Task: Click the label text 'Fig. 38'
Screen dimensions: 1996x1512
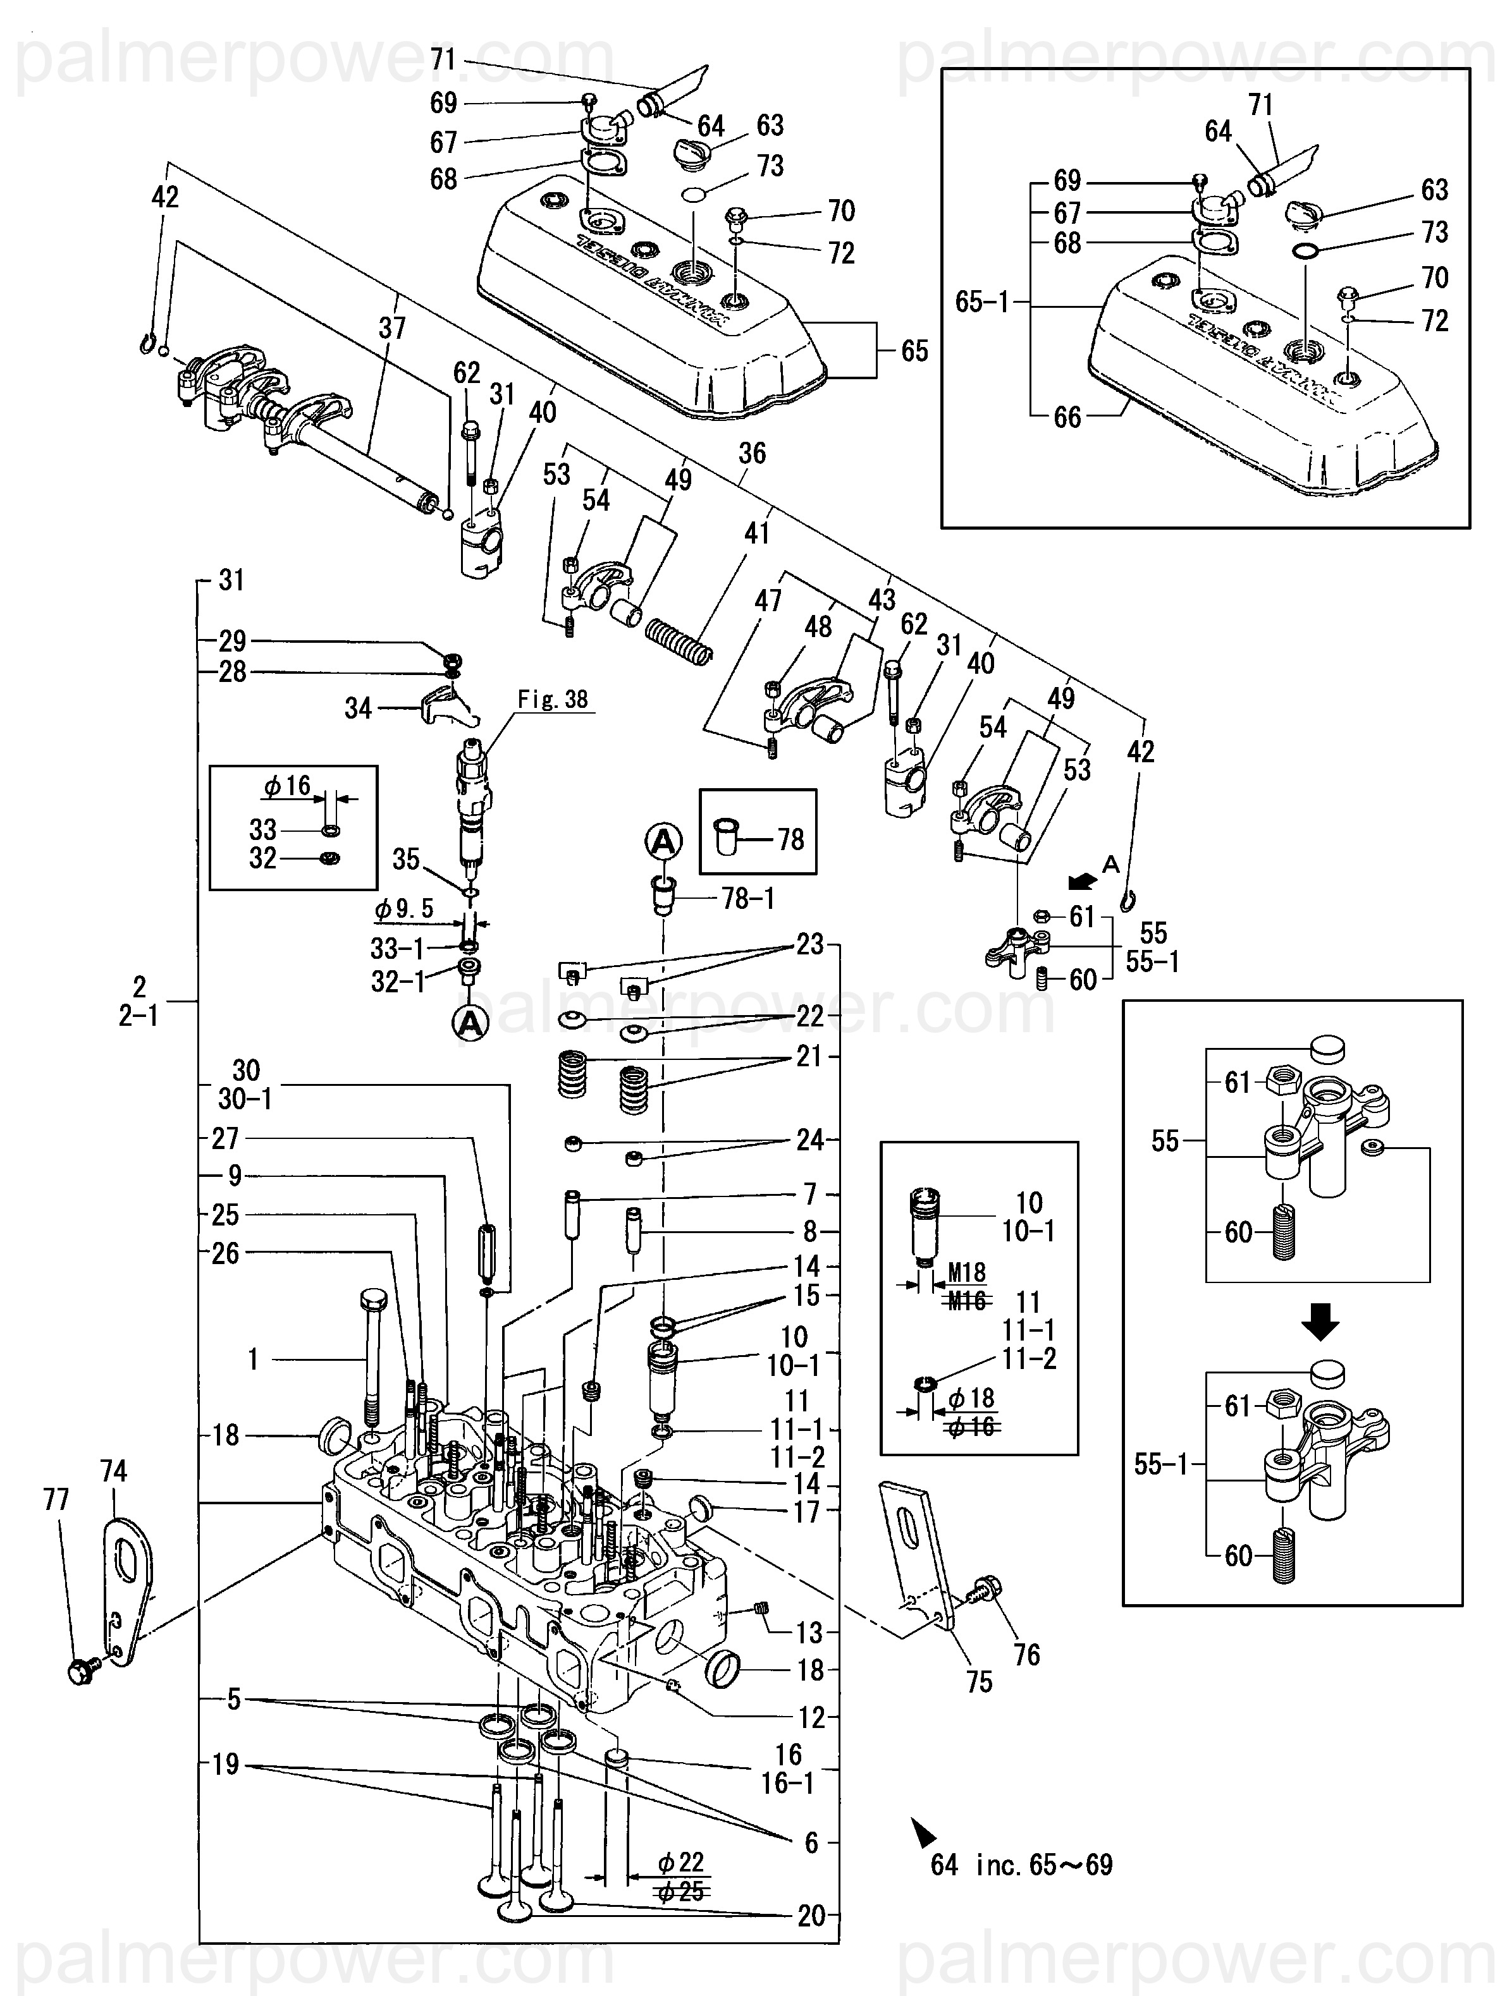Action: point(553,699)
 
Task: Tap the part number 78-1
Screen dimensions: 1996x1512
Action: point(747,898)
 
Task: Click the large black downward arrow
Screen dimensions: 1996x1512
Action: point(1319,1324)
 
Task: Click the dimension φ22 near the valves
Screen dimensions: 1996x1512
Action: point(680,1861)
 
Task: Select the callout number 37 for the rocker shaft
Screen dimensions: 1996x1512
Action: point(392,327)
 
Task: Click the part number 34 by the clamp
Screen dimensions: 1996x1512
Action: point(359,709)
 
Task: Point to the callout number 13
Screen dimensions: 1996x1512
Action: point(809,1633)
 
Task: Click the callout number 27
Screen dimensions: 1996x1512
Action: point(226,1139)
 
